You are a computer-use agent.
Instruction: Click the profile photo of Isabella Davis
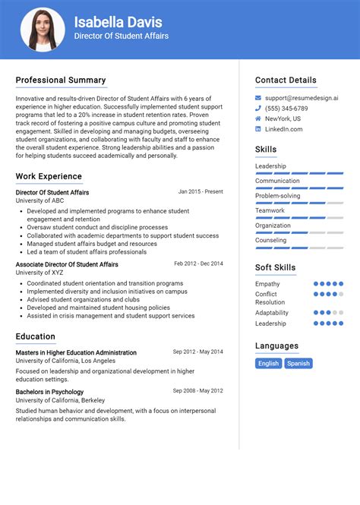pyautogui.click(x=43, y=30)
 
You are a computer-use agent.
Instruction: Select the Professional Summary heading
pyautogui.click(x=61, y=80)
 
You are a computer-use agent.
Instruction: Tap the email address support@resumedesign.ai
pyautogui.click(x=302, y=98)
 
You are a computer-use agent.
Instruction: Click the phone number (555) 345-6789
pyautogui.click(x=286, y=109)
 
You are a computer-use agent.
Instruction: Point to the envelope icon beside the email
pyautogui.click(x=259, y=98)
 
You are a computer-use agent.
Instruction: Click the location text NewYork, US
pyautogui.click(x=283, y=119)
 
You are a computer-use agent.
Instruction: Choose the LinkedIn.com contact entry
pyautogui.click(x=283, y=130)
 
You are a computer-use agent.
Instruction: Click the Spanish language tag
pyautogui.click(x=298, y=364)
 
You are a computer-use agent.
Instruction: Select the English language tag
pyautogui.click(x=269, y=364)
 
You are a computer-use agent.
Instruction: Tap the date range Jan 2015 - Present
pyautogui.click(x=201, y=192)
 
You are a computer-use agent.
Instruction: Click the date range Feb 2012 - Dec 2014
pyautogui.click(x=198, y=264)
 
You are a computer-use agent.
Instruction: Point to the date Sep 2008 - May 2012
pyautogui.click(x=197, y=390)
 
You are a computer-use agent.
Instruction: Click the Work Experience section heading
pyautogui.click(x=49, y=177)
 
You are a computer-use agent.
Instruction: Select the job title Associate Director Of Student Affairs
pyautogui.click(x=67, y=264)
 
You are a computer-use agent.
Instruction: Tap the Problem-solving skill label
pyautogui.click(x=277, y=196)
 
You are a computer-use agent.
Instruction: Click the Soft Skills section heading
pyautogui.click(x=275, y=268)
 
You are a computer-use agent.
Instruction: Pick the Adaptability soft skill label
pyautogui.click(x=272, y=313)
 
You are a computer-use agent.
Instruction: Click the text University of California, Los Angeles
pyautogui.click(x=66, y=361)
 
